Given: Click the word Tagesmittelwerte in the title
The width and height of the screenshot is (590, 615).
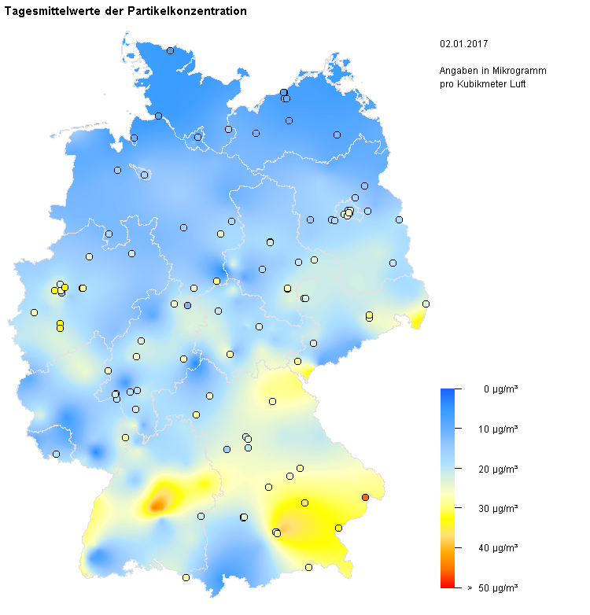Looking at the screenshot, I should (49, 12).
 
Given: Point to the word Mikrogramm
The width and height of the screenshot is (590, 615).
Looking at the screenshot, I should (522, 71).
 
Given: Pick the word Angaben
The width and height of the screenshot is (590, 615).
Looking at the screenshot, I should (457, 71).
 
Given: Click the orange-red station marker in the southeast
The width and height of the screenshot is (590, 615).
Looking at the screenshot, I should (365, 497).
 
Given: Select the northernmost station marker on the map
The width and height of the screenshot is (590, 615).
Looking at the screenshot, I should (170, 50).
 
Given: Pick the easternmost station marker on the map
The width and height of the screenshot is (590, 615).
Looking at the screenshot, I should (426, 304).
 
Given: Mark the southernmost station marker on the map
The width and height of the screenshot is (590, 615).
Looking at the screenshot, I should (186, 577).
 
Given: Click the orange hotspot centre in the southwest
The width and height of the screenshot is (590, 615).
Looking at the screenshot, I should (158, 503).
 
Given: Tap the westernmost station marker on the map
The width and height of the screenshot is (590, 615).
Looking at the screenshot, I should (34, 312).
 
